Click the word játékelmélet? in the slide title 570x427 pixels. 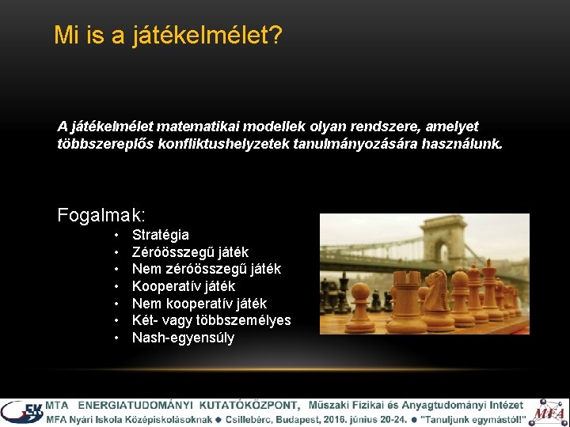click(208, 35)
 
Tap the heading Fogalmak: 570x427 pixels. click(101, 214)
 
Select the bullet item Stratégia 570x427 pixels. click(161, 235)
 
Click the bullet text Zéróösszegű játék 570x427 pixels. click(190, 252)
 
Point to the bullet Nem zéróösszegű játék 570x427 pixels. click(207, 269)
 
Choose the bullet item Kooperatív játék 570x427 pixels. click(184, 286)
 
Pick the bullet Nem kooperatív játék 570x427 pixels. click(199, 304)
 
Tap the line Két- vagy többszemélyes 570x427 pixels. click(211, 320)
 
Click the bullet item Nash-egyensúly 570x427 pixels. click(183, 338)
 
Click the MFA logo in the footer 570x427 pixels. click(548, 412)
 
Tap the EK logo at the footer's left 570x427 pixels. click(21, 412)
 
